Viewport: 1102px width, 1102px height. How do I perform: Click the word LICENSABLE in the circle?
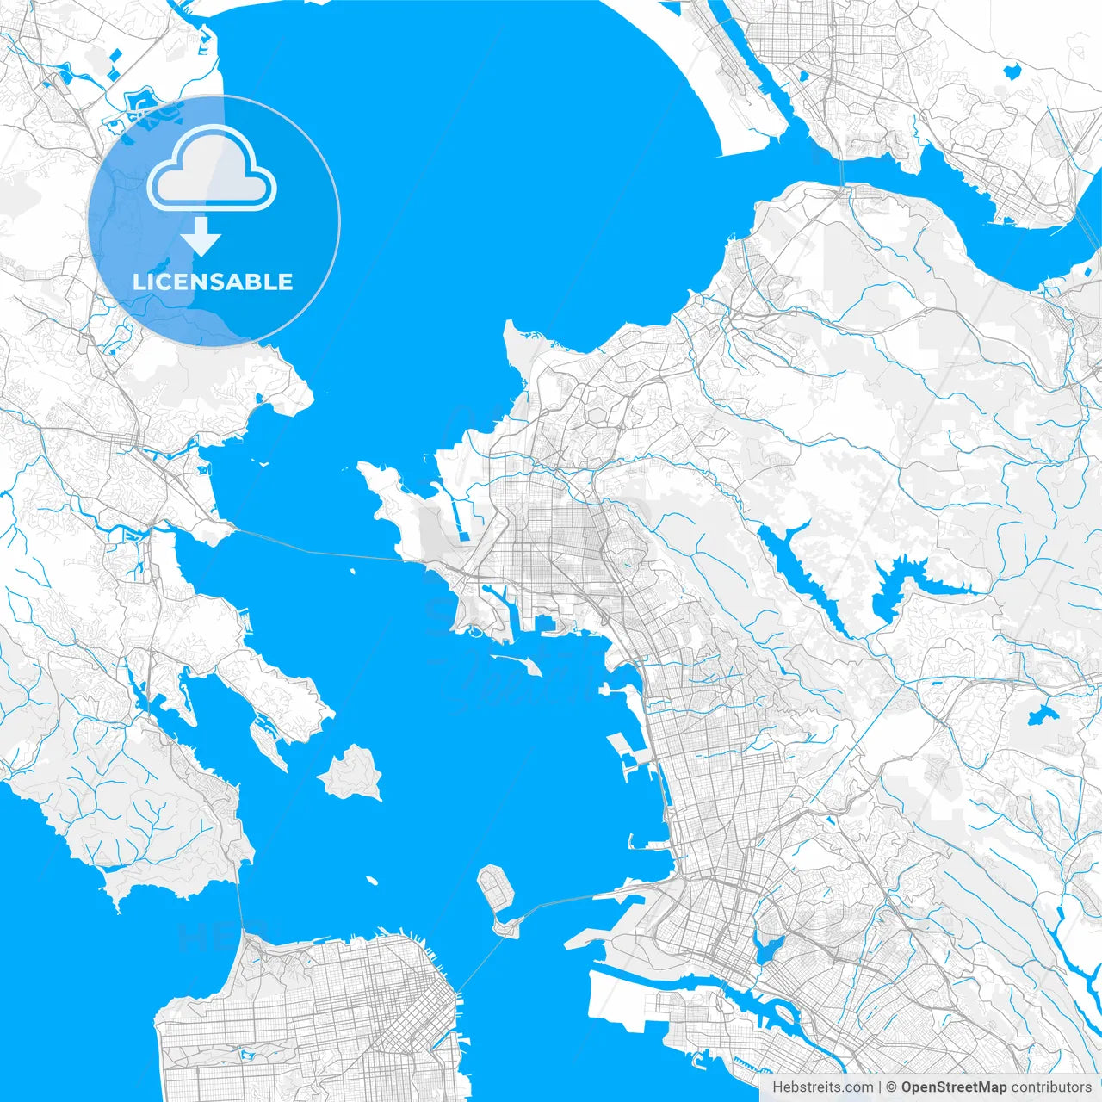click(x=213, y=282)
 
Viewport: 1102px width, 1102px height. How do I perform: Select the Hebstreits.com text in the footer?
click(x=822, y=1087)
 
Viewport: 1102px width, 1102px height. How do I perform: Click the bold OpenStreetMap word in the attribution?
click(x=954, y=1087)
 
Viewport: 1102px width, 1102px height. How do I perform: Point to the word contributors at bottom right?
click(x=1051, y=1087)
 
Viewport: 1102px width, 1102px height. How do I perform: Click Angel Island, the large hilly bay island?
click(x=351, y=772)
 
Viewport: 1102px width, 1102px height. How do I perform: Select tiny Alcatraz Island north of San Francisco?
click(x=372, y=881)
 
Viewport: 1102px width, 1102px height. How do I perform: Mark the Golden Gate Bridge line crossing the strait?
click(x=240, y=904)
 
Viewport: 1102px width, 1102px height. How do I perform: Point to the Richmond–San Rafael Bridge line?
click(x=319, y=549)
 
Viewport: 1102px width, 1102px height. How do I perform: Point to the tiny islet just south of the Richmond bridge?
click(x=352, y=571)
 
